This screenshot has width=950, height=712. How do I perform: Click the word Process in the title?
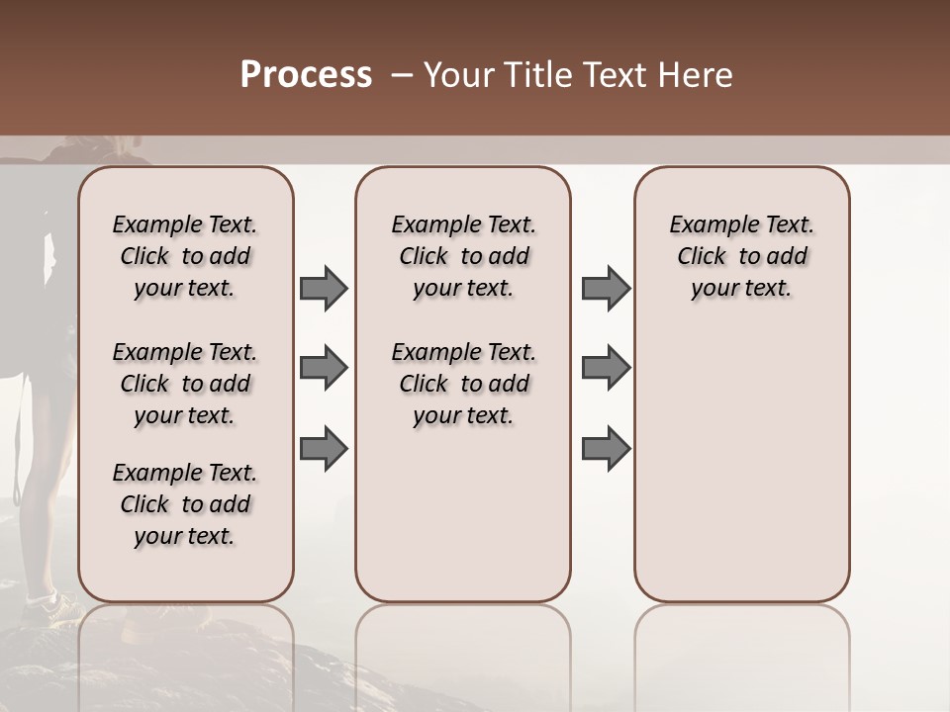[306, 75]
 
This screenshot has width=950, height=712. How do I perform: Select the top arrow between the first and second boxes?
[324, 289]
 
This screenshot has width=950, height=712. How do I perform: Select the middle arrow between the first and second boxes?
[324, 369]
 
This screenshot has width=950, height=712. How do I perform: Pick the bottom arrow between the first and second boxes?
[324, 448]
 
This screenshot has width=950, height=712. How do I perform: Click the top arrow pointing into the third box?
[606, 289]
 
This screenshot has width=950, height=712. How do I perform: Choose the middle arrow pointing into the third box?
[606, 369]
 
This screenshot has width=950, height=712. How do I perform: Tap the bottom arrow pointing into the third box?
[606, 448]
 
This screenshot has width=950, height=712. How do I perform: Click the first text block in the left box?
[185, 256]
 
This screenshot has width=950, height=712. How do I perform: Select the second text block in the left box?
[185, 384]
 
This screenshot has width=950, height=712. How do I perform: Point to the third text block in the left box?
[185, 504]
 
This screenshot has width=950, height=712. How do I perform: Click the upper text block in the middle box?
[463, 256]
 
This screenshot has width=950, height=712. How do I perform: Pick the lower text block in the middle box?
[463, 384]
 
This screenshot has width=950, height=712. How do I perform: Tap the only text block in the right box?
[741, 256]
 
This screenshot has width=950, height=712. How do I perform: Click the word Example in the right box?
[709, 225]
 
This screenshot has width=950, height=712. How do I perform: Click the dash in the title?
[402, 75]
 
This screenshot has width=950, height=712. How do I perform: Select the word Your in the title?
[457, 75]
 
